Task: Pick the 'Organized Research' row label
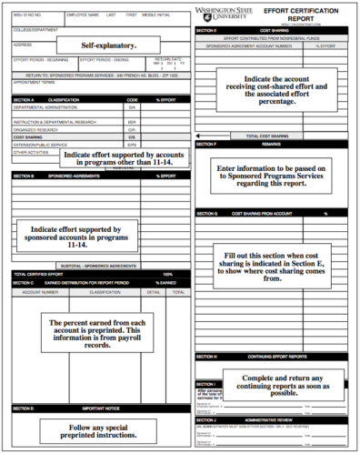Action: tap(36, 128)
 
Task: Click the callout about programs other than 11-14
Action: tap(120, 158)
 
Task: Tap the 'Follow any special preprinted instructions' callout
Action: tap(95, 430)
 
